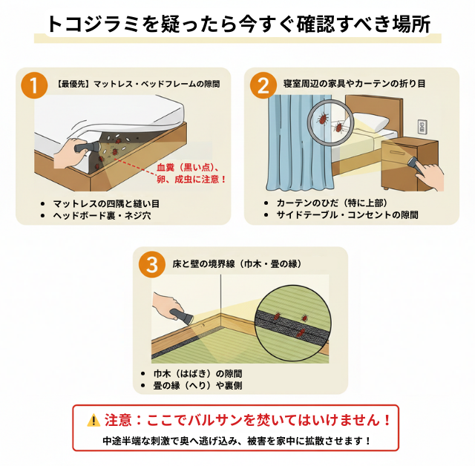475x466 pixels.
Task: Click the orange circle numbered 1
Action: coord(30,85)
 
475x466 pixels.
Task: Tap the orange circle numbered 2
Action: coord(261,85)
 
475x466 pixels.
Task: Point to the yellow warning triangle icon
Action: coord(93,420)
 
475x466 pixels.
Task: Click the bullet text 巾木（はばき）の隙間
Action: coord(197,373)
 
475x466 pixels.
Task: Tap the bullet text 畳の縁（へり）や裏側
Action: coord(197,385)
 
